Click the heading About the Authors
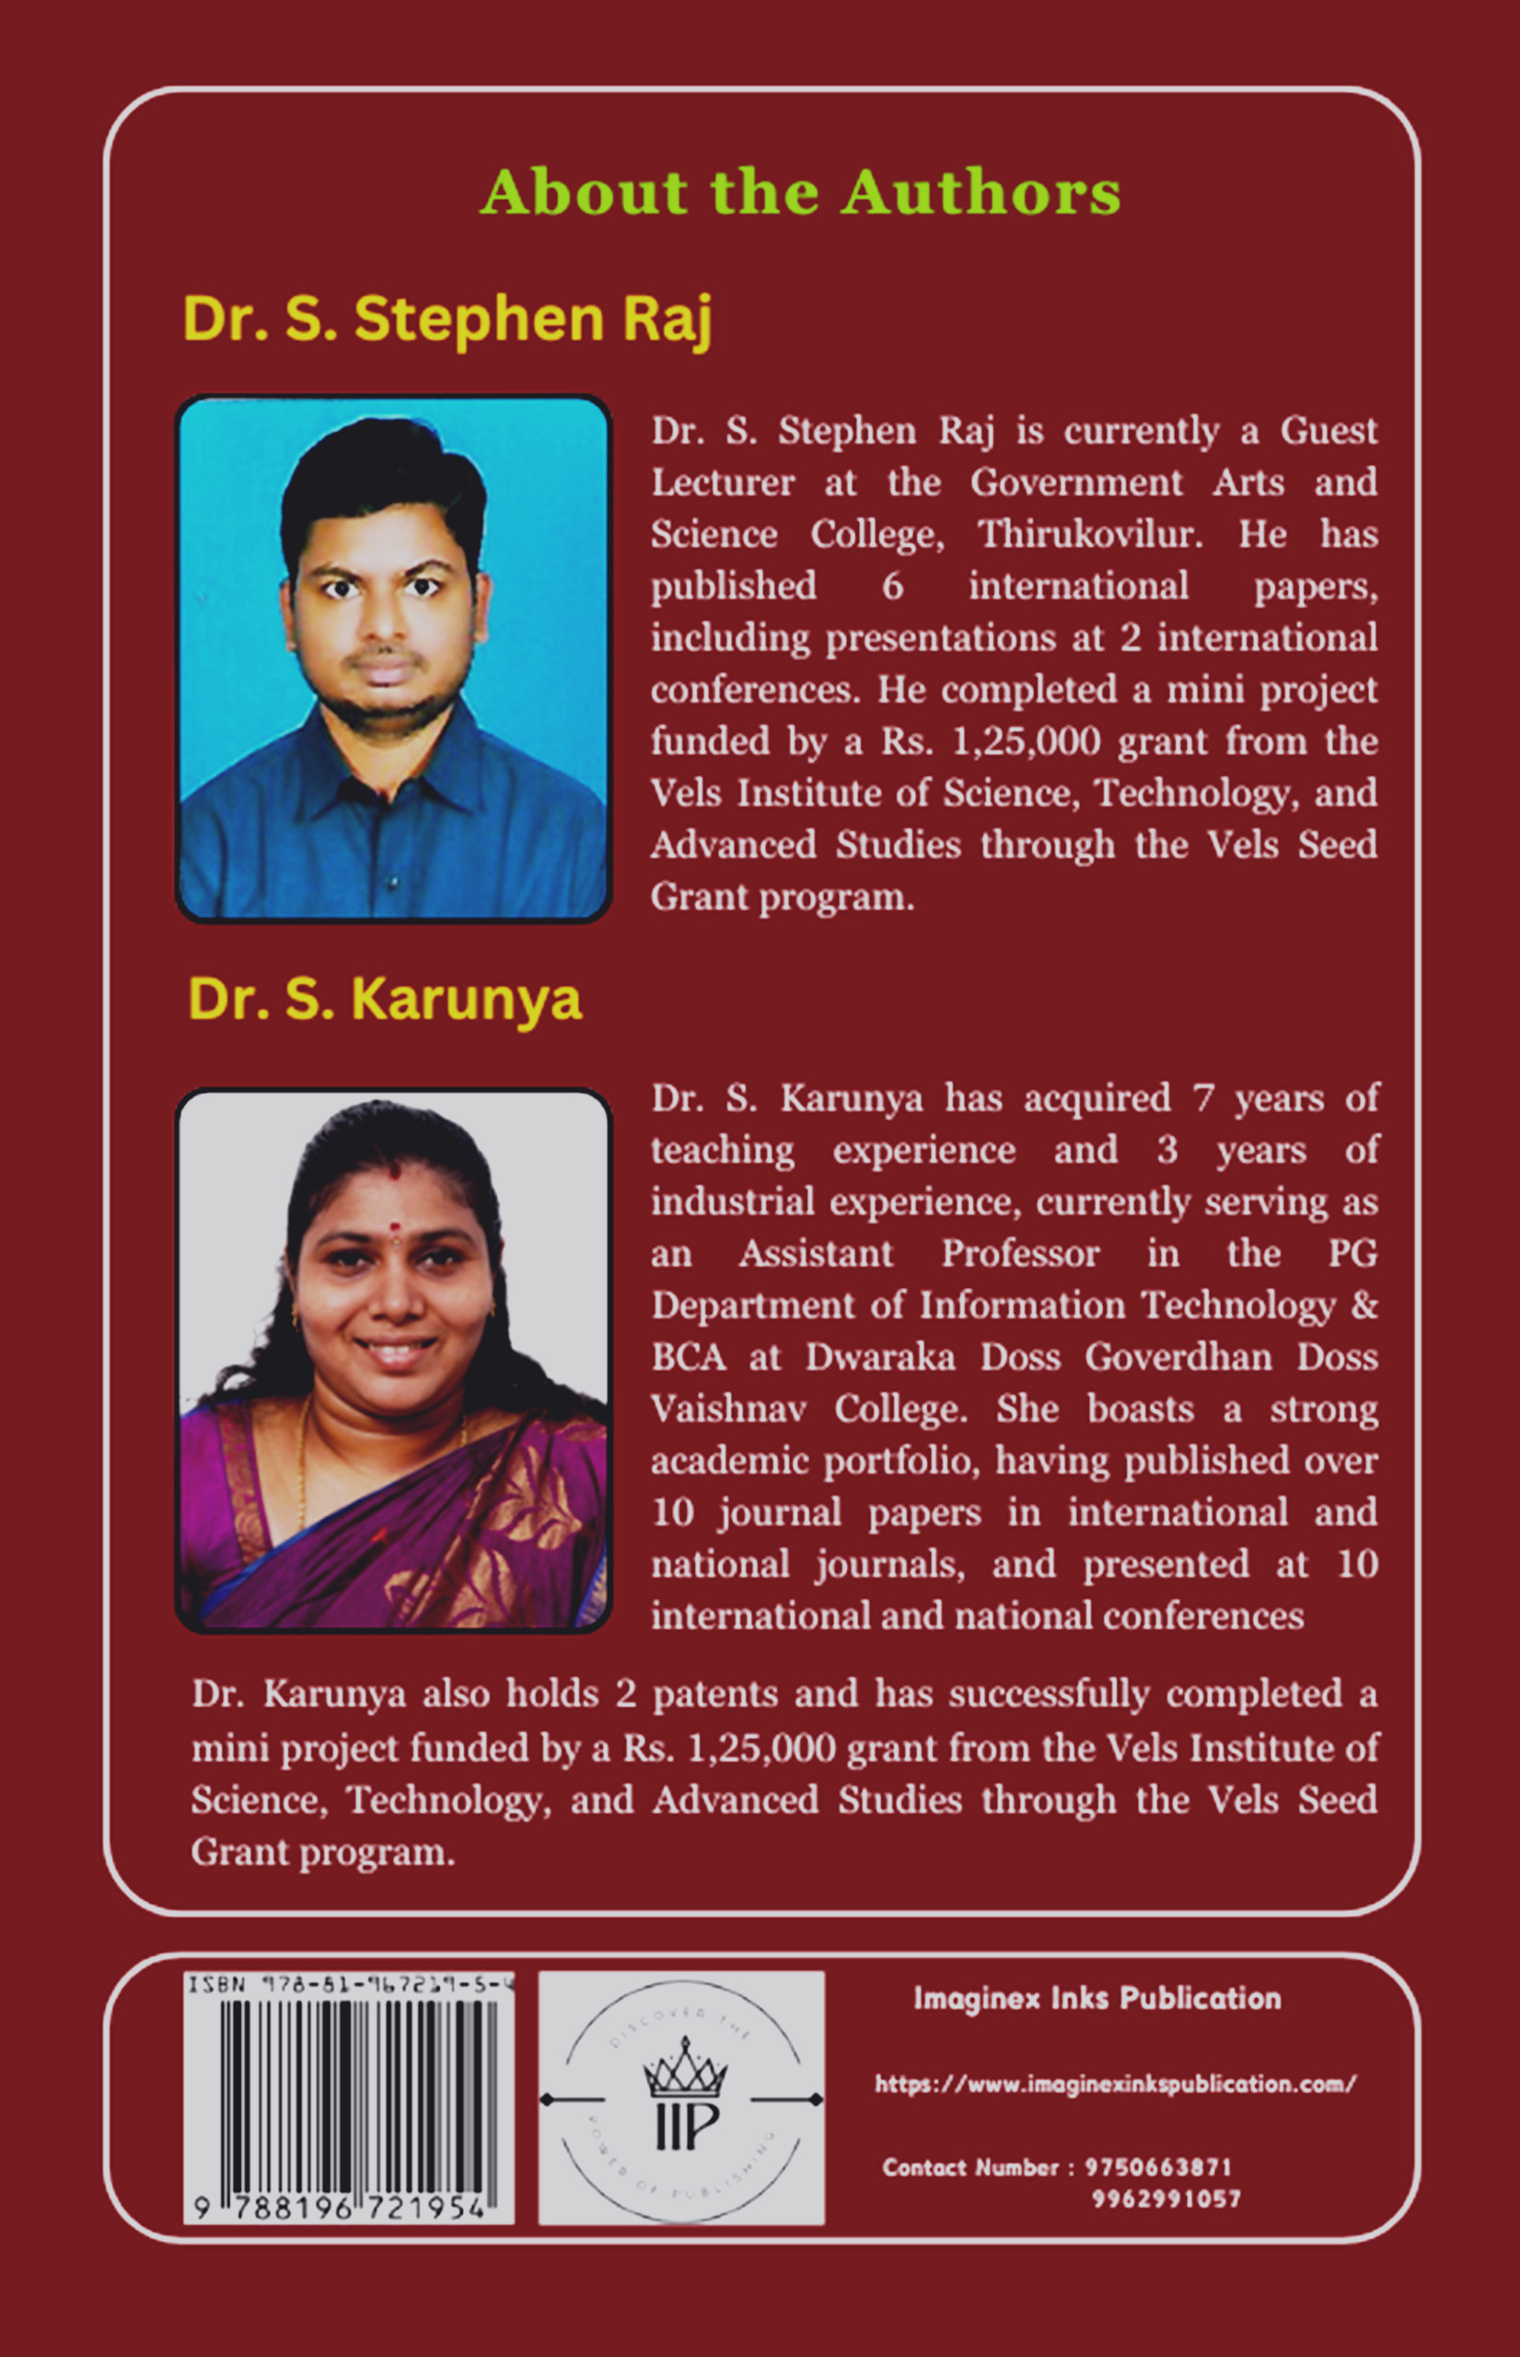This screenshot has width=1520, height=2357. (799, 192)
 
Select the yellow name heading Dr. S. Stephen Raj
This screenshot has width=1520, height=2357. (447, 319)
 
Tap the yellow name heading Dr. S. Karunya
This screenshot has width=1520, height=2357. (385, 999)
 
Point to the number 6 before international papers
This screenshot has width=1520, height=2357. (892, 586)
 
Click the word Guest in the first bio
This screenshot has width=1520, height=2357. (1328, 430)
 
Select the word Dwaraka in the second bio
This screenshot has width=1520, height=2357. (879, 1357)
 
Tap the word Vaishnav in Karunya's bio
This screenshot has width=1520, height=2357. (727, 1409)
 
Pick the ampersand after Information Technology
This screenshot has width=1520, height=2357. (1363, 1305)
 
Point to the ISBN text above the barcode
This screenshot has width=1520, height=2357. (351, 1984)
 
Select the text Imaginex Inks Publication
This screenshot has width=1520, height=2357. (1096, 1999)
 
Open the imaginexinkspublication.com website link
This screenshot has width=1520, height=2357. (1115, 2084)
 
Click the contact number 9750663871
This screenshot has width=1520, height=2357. (1158, 2167)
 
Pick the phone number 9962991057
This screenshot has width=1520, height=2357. (1166, 2199)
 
